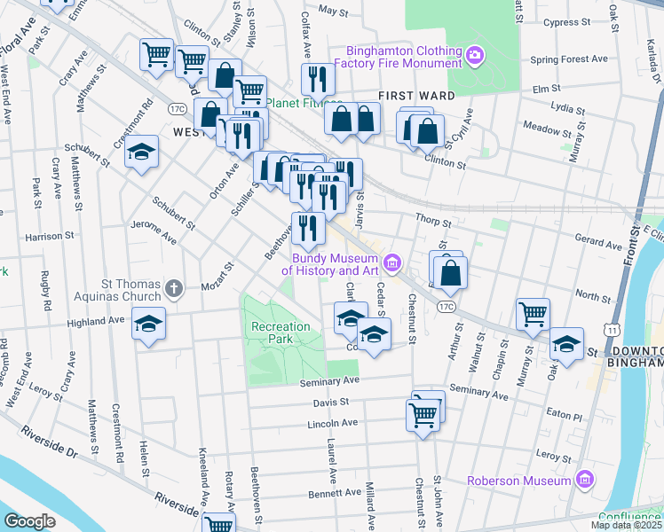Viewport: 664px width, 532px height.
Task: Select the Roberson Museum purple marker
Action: coord(584,481)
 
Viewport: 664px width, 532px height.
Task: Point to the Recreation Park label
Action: coord(281,333)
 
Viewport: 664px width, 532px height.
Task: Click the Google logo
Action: coord(29,520)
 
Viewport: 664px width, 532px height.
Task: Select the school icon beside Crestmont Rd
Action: coord(141,153)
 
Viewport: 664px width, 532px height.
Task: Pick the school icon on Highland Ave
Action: coord(148,324)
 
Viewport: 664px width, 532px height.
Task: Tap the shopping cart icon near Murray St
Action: coord(533,314)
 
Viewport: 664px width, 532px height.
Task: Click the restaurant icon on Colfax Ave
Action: coord(317,80)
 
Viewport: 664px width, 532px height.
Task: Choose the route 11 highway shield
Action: coord(613,329)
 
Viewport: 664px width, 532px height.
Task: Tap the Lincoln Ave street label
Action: coord(331,423)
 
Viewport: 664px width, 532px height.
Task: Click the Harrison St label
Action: coord(49,237)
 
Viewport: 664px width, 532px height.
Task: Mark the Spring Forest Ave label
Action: coord(568,59)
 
